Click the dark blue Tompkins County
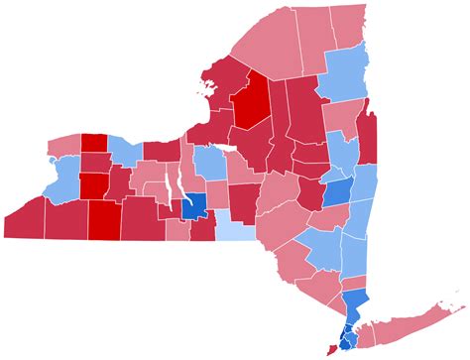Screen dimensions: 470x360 (194, 208)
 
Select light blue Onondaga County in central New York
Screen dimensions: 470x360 (210, 162)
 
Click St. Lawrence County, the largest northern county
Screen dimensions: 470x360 (263, 50)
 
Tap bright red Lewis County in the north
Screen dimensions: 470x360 (250, 99)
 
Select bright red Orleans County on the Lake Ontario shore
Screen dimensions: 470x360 (93, 142)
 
